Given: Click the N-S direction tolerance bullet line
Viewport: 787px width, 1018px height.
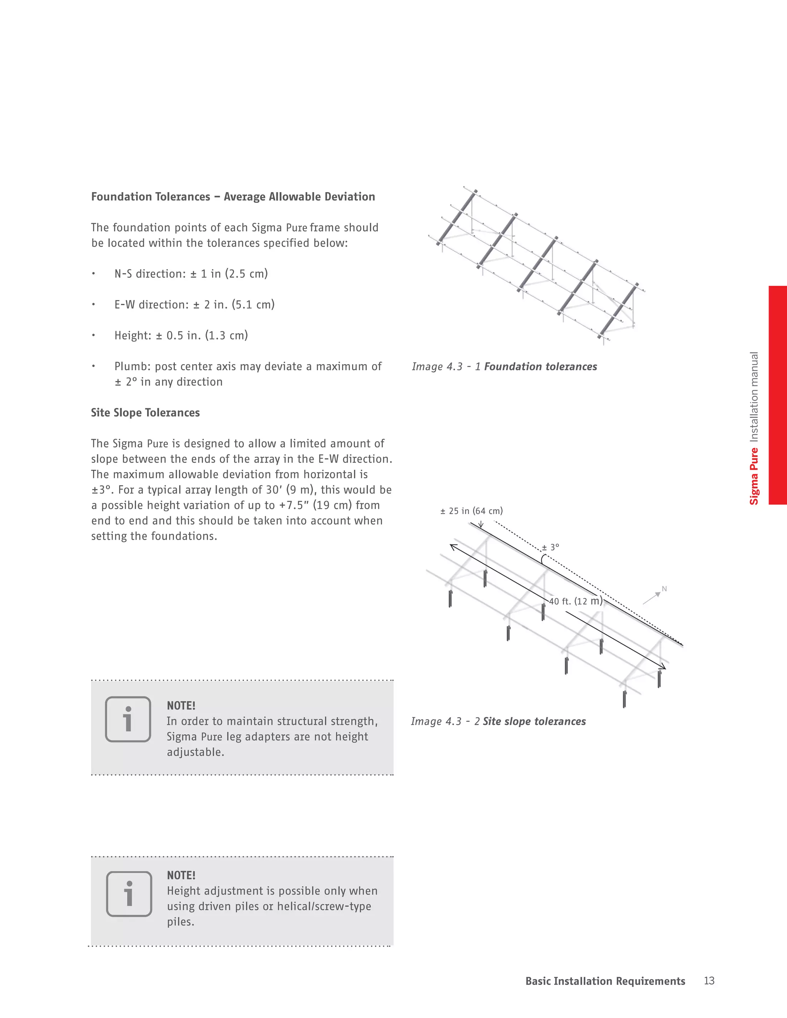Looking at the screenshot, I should (x=191, y=274).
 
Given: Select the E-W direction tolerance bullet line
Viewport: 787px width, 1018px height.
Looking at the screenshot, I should (x=194, y=304).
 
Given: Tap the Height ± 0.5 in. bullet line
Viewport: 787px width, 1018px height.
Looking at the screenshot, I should (x=181, y=335).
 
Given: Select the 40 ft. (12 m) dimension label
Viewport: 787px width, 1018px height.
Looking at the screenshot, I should (x=575, y=601).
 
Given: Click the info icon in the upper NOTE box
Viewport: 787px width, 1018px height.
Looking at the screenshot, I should (x=128, y=719).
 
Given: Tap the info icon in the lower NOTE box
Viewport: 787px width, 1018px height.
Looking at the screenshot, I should (x=129, y=894).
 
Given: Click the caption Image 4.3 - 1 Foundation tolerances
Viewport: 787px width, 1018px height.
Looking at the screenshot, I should (x=504, y=366).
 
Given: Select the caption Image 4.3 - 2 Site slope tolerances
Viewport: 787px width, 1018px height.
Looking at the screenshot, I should (x=498, y=721).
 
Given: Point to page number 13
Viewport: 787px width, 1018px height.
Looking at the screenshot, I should (x=709, y=981).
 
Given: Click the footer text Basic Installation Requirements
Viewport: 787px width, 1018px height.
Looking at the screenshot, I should (x=605, y=981).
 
